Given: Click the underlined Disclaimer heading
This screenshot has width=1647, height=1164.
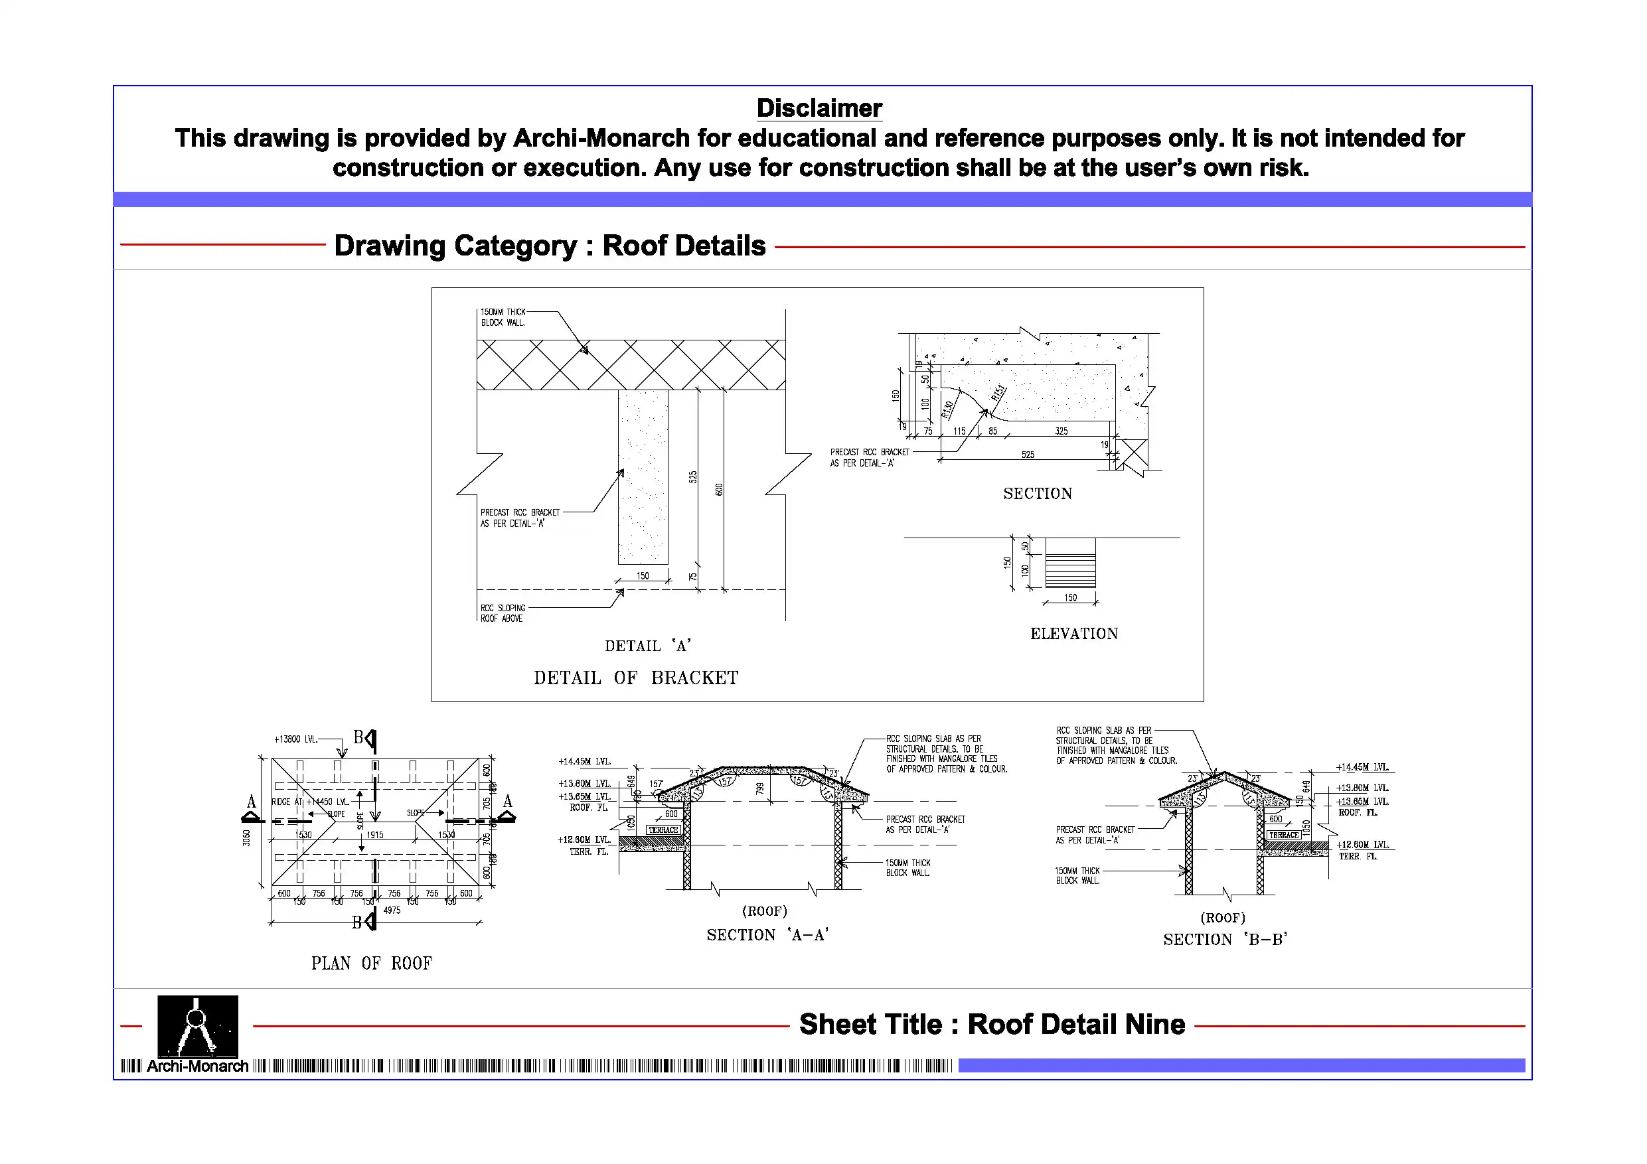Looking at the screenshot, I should coord(819,108).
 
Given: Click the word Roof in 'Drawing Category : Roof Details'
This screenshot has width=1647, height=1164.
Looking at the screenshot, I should coord(635,246).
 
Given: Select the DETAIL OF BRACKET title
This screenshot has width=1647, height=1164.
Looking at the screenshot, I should coord(635,678).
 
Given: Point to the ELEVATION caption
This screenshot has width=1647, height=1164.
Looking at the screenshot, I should coord(1073,633).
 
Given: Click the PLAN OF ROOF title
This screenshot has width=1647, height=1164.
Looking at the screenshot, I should coord(371,962).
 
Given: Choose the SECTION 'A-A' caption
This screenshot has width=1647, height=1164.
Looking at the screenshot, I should coord(767,934).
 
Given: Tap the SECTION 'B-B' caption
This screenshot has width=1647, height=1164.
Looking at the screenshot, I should coord(1225,940).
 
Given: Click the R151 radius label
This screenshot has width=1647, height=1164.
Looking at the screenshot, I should coord(998,393).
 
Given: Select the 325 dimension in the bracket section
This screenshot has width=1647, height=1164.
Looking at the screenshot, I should coord(1061,431).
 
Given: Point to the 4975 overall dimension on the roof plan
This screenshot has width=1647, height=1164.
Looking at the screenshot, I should coord(392,910).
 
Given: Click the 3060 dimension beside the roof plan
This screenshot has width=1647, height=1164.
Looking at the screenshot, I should coord(247,837).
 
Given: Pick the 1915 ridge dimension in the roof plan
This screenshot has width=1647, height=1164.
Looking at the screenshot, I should coord(374,835).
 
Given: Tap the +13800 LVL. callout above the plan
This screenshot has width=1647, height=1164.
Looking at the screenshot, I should coord(295,739).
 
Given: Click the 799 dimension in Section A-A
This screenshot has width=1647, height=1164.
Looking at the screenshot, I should coord(760,788).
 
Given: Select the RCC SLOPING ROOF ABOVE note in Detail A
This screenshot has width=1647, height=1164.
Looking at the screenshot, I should coord(502,613).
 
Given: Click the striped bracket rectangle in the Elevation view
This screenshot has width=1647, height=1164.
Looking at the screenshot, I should coord(1070,562).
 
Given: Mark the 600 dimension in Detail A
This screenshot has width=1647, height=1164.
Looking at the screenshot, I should coord(719,489).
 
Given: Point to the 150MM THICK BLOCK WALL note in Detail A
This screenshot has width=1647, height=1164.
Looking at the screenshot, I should coord(503,317).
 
